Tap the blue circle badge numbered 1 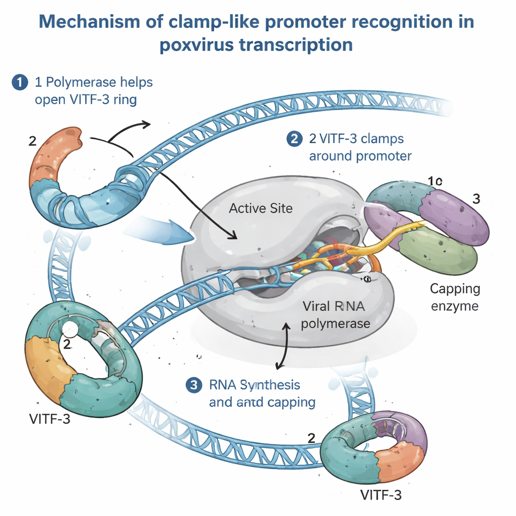point(19,82)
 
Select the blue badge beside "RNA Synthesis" point(193,385)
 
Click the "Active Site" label point(261,208)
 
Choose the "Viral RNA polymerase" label point(335,315)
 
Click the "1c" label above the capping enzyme point(434,181)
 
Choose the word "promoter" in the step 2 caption point(382,156)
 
